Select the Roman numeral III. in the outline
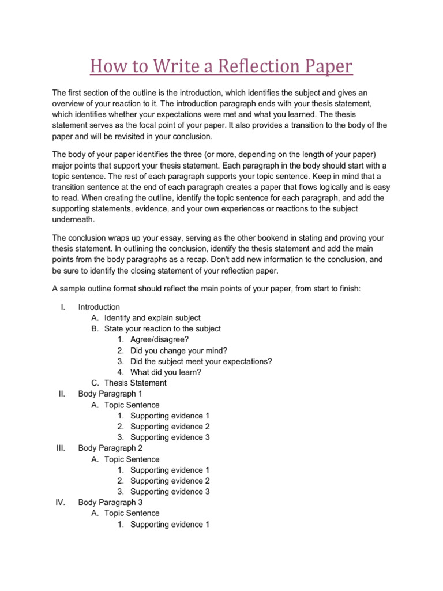tap(62, 448)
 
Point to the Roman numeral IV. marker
tap(61, 502)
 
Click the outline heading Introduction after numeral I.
tap(99, 307)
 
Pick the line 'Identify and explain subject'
tap(152, 318)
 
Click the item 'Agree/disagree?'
tap(159, 339)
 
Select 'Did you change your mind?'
tap(179, 350)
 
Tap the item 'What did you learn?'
tap(166, 372)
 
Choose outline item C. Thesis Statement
tap(135, 383)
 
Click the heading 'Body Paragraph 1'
tap(110, 394)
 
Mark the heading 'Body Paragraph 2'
tap(110, 448)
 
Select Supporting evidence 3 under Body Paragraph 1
tap(170, 437)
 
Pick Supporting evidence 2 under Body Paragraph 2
tap(170, 481)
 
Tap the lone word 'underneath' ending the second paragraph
tap(72, 219)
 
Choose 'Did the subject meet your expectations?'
tap(201, 361)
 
